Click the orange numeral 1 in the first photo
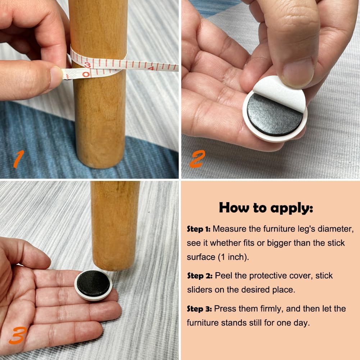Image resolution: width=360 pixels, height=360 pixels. pyautogui.click(x=19, y=159)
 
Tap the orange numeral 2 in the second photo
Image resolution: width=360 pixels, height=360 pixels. pyautogui.click(x=197, y=159)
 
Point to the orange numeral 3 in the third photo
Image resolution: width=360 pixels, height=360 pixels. pyautogui.click(x=18, y=336)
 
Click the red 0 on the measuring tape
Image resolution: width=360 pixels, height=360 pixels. pyautogui.click(x=86, y=74)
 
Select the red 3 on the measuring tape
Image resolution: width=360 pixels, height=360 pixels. pyautogui.click(x=87, y=65)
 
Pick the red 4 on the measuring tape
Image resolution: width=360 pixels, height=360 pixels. pyautogui.click(x=151, y=68)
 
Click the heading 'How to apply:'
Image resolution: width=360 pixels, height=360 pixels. pyautogui.click(x=266, y=208)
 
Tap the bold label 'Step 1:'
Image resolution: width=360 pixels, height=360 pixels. pyautogui.click(x=199, y=229)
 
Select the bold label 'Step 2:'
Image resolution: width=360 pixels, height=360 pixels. pyautogui.click(x=200, y=275)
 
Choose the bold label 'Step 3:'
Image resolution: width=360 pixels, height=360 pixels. pyautogui.click(x=199, y=309)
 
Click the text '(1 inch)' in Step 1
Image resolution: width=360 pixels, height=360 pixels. pyautogui.click(x=233, y=257)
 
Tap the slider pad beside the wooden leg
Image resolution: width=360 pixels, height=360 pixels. pyautogui.click(x=93, y=285)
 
